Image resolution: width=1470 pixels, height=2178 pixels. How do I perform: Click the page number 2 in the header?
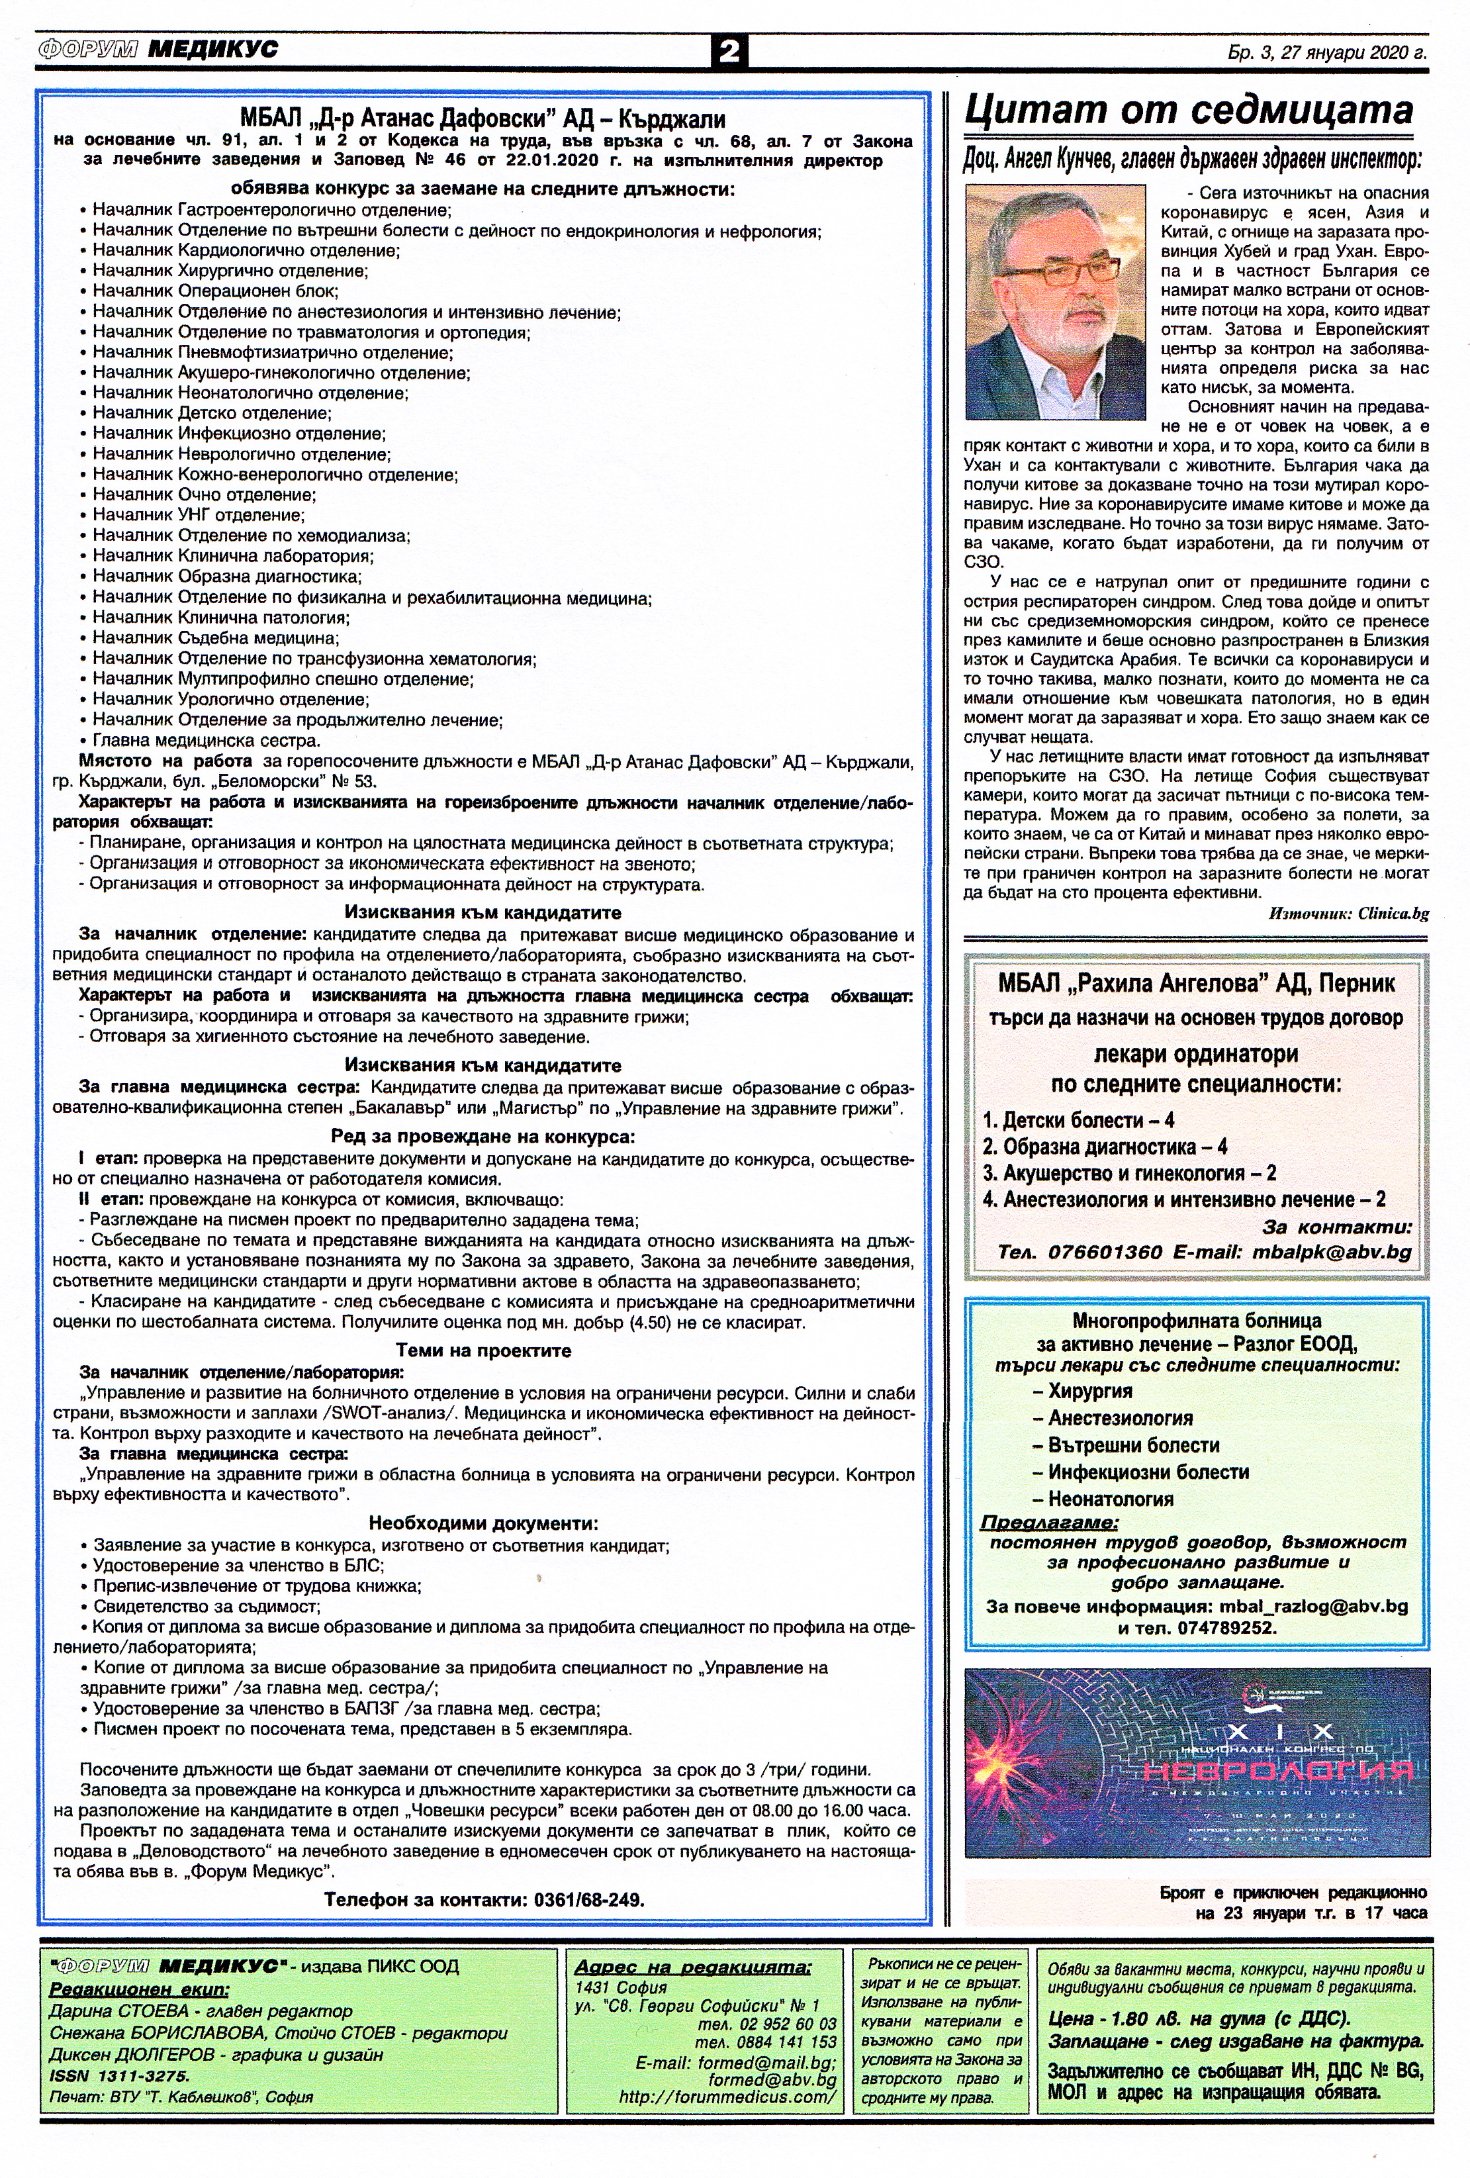[729, 50]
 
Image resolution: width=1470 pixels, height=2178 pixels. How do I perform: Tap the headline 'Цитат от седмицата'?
[1188, 111]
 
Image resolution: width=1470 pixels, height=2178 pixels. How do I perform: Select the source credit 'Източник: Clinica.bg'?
[1348, 913]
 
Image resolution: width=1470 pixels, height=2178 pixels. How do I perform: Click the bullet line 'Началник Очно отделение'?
[205, 495]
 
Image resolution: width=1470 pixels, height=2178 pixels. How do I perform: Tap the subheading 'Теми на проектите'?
[482, 1350]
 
